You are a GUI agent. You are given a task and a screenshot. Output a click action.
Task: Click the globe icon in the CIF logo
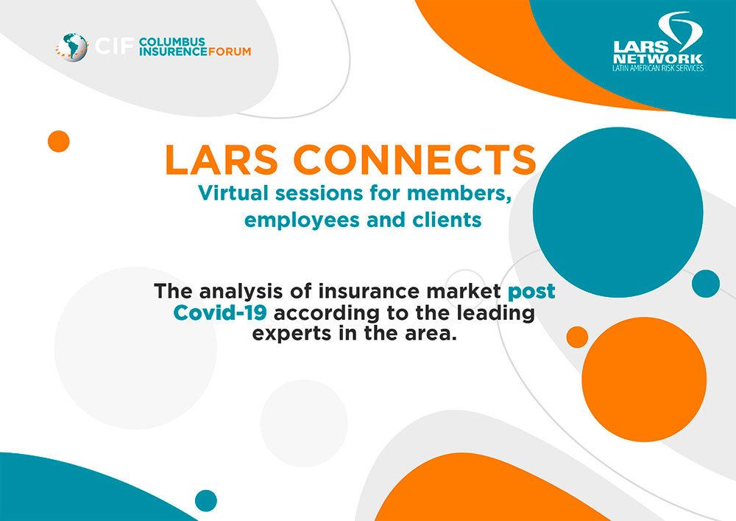point(72,47)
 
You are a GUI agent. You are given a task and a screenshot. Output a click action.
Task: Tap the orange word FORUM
point(230,52)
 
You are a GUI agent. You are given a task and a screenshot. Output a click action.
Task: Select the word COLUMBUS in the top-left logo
point(172,42)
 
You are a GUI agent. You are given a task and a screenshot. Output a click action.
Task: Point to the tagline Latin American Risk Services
point(657,68)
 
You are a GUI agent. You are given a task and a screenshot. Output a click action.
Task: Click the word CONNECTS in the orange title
point(415,160)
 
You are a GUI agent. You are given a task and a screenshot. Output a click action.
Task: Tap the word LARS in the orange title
point(222,160)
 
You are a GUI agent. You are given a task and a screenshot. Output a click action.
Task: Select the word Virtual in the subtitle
point(233,193)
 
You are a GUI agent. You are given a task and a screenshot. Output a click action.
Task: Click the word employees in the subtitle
point(301,220)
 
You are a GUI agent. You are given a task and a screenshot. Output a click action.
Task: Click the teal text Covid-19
point(220,312)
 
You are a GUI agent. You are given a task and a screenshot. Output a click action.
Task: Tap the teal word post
point(531,292)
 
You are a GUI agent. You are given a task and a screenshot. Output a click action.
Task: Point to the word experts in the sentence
point(289,334)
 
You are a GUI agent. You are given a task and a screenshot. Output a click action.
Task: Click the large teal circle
point(618,212)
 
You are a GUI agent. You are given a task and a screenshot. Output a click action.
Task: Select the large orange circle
point(644,380)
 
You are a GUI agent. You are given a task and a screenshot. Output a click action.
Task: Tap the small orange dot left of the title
point(59,141)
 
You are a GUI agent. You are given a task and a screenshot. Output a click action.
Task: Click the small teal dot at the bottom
point(205,500)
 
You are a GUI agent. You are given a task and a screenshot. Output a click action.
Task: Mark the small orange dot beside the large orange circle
point(577,338)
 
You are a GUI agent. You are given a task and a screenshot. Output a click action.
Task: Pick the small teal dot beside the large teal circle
point(706,284)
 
